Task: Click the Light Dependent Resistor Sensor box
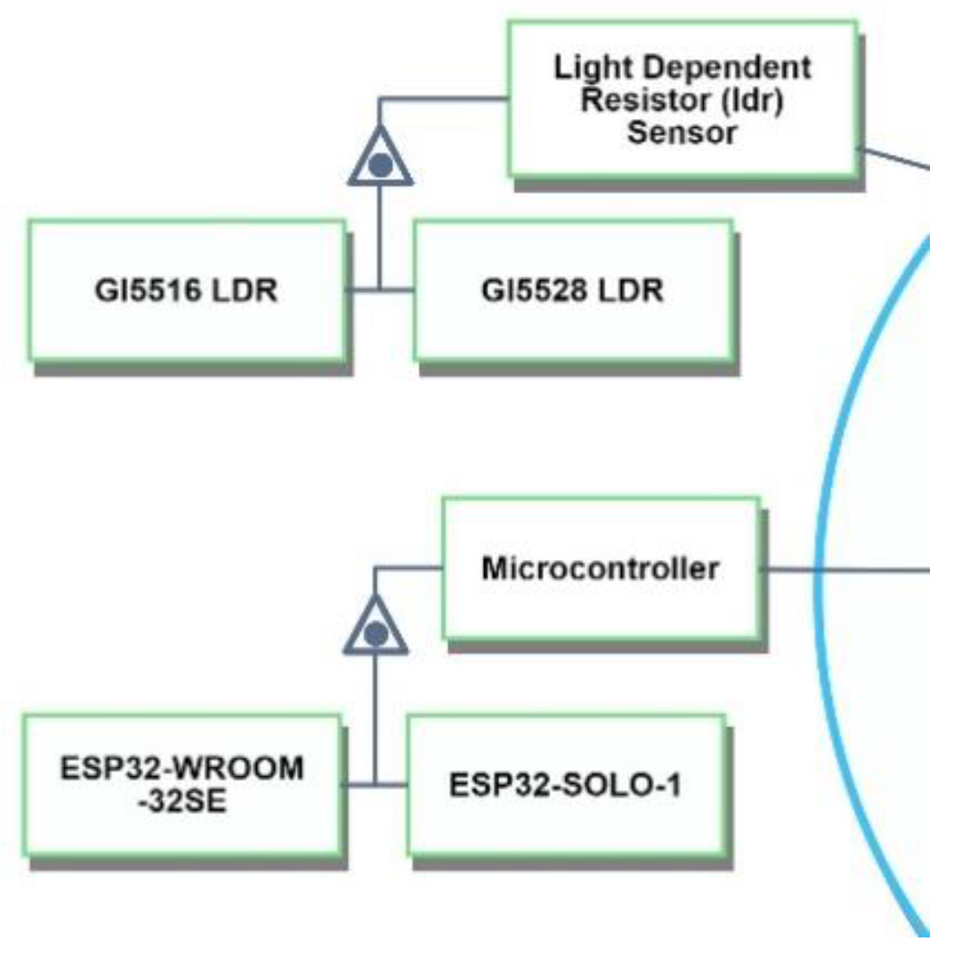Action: [682, 99]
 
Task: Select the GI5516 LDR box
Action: [186, 290]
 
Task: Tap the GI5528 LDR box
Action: [572, 290]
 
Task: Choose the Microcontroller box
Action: [601, 568]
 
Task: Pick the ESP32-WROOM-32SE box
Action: [182, 784]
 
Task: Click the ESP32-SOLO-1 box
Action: [565, 784]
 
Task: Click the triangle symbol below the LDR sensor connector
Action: [380, 159]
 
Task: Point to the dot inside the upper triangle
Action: [380, 165]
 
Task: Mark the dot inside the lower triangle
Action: [375, 634]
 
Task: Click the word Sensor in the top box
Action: [682, 132]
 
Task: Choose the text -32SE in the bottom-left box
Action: [182, 801]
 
